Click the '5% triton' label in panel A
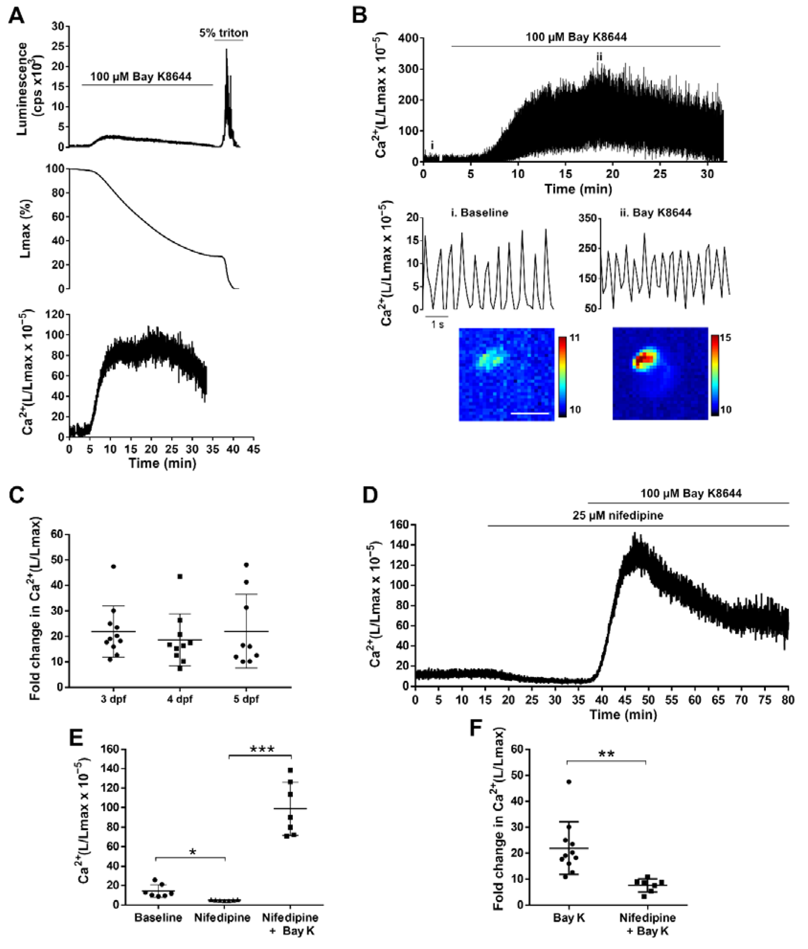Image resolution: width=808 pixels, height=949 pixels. [x=224, y=33]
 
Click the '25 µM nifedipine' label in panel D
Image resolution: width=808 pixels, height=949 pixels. [x=617, y=516]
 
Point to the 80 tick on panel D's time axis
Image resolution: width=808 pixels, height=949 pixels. [x=788, y=701]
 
